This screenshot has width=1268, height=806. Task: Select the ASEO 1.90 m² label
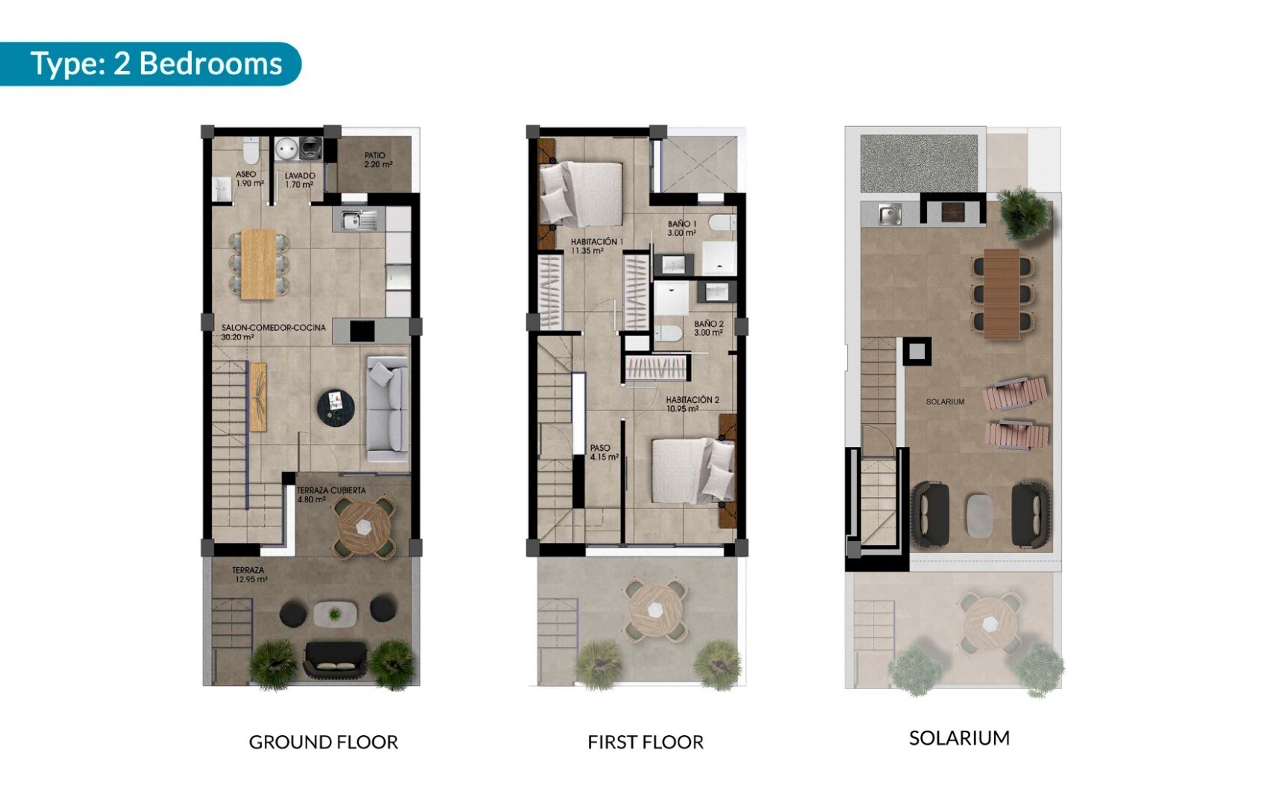(249, 179)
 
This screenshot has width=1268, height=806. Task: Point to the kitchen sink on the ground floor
(359, 219)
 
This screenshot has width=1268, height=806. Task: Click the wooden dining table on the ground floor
(259, 264)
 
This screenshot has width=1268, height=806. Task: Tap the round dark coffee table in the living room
(336, 407)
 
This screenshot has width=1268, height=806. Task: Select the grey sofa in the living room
(387, 409)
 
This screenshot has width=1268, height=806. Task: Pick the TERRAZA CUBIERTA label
(331, 490)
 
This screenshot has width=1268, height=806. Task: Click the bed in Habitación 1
(581, 193)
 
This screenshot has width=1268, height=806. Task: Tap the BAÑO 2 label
(709, 324)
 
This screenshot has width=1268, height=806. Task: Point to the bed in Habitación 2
(693, 471)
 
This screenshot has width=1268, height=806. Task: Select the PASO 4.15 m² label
(604, 452)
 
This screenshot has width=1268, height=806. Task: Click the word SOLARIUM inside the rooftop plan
(945, 402)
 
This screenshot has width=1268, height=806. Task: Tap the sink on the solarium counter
(890, 214)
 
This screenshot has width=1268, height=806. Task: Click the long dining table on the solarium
(1002, 294)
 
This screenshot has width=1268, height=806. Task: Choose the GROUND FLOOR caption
(324, 742)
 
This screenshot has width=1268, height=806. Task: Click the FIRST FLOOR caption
(646, 742)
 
